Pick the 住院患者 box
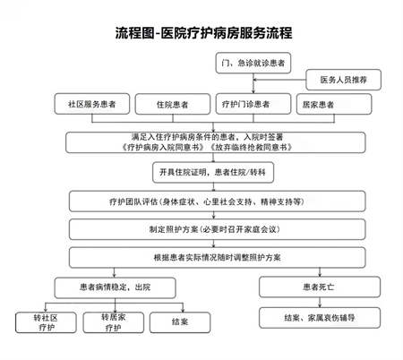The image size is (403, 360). tap(174, 104)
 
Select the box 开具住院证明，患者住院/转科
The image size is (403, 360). tap(206, 173)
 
